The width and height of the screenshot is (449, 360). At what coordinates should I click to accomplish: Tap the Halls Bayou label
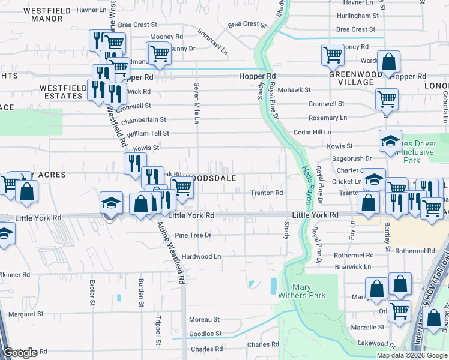[x=307, y=183]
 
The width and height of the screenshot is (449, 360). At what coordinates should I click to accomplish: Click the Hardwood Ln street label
[x=202, y=256]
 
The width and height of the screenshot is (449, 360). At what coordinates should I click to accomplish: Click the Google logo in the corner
[x=20, y=353]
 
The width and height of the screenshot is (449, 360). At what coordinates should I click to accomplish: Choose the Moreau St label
[x=204, y=320]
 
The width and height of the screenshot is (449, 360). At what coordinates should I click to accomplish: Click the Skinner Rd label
[x=14, y=274]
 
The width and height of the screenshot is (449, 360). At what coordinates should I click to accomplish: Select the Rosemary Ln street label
[x=327, y=118]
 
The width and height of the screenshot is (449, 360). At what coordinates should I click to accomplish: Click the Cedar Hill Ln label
[x=312, y=132]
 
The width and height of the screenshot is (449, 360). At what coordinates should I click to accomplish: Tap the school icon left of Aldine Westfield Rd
[x=111, y=203]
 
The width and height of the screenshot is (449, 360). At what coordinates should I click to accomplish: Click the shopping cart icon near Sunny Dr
[x=160, y=53]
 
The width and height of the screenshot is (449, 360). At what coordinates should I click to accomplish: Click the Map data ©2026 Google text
[x=412, y=355]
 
